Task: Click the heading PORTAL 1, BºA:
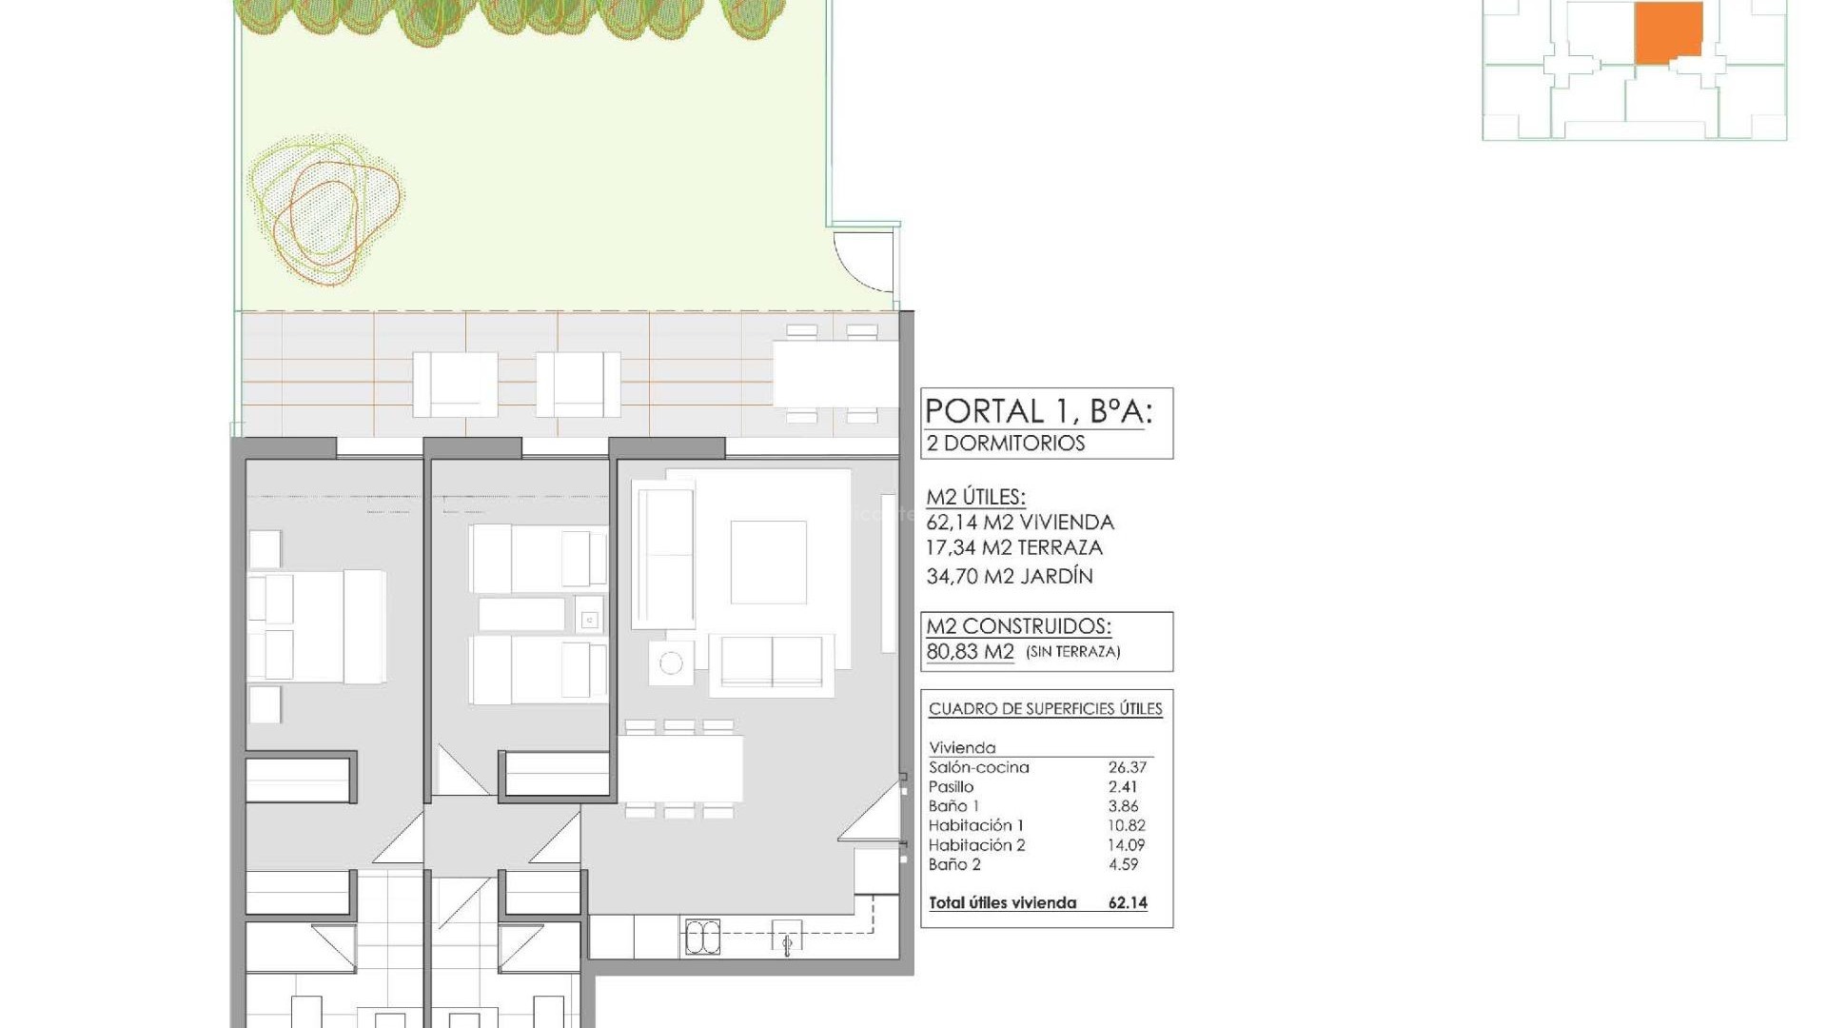click(1038, 411)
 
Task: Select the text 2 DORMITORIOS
click(1006, 444)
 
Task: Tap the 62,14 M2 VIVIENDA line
click(1019, 523)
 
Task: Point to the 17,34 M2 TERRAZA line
click(1013, 548)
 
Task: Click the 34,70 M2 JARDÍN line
click(1009, 576)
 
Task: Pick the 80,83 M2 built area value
click(970, 652)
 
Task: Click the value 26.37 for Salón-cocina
click(1127, 767)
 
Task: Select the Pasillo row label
click(951, 787)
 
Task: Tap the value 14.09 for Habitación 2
click(1127, 845)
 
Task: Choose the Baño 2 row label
click(954, 865)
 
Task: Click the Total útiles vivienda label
click(1002, 903)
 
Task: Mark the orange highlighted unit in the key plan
click(1668, 32)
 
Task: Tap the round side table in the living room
click(671, 662)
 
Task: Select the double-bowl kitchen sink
click(702, 938)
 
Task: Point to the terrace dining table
click(835, 374)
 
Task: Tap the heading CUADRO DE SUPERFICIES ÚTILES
click(1045, 709)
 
